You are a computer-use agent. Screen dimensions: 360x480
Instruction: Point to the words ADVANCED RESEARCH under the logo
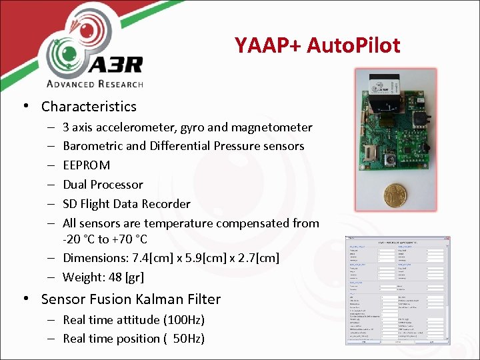point(95,83)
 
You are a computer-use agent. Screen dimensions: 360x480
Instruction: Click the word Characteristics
point(89,107)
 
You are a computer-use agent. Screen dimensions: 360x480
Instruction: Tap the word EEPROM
point(87,165)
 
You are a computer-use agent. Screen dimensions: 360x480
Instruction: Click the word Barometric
point(93,145)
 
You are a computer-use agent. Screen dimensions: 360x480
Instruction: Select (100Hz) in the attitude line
point(183,319)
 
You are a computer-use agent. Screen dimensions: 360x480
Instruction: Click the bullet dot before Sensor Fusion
point(24,299)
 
